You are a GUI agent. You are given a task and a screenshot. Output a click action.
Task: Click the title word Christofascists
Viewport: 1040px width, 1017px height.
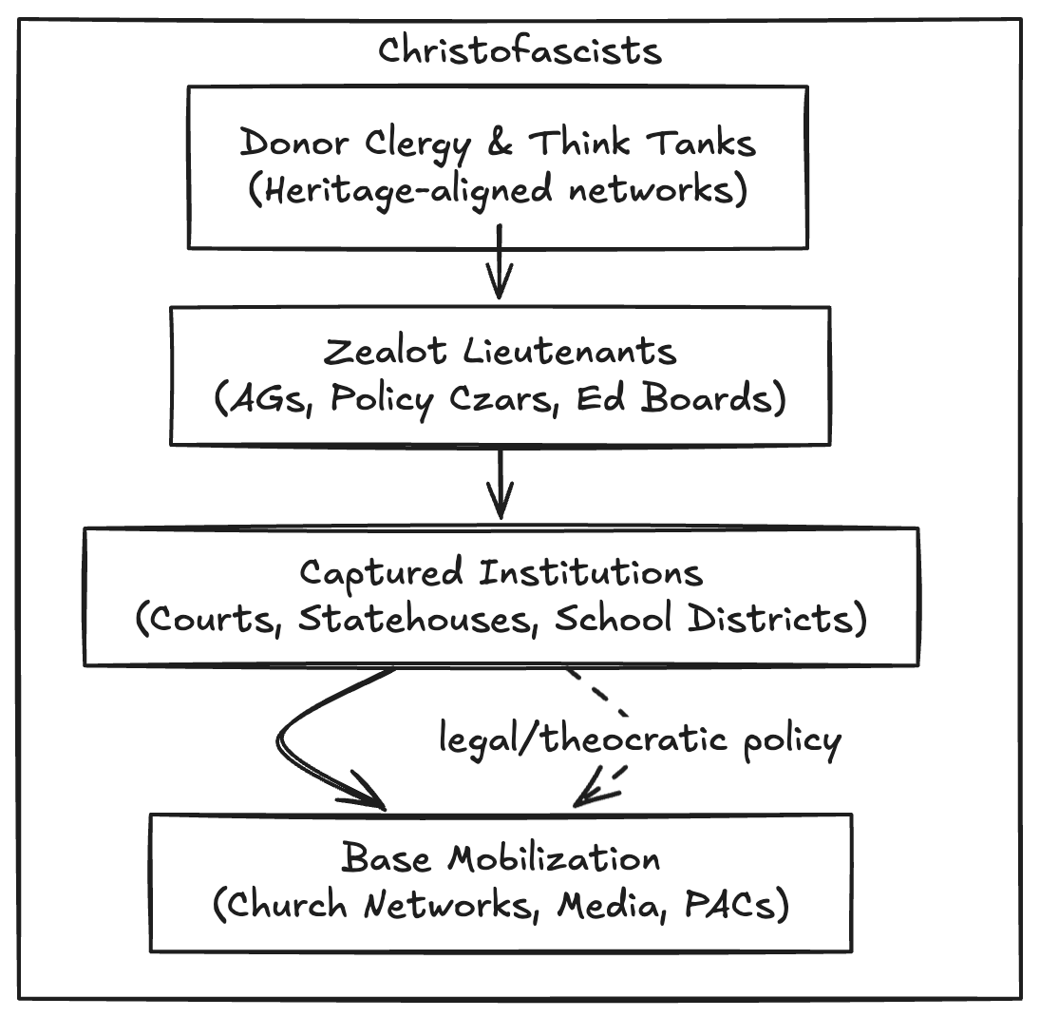tap(520, 49)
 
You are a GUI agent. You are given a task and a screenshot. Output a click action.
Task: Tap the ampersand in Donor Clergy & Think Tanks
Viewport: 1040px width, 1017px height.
tap(501, 144)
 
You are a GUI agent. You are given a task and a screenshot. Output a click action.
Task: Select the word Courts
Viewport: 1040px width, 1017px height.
tap(210, 619)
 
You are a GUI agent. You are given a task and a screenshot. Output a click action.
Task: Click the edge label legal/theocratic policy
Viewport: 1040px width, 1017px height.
tap(639, 740)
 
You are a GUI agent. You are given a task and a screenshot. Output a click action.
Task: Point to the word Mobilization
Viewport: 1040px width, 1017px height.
tap(554, 858)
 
